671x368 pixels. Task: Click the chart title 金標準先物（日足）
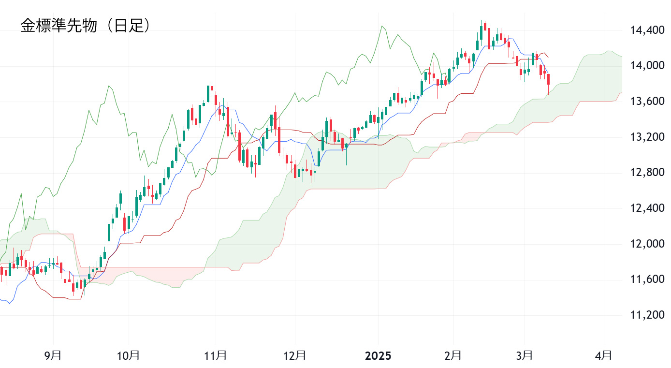[86, 26]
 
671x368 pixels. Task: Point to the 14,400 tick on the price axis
[647, 30]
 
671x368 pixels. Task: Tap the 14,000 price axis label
[647, 66]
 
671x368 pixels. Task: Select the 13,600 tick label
[647, 102]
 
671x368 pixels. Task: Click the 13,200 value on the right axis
[647, 137]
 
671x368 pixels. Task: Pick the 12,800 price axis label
[647, 173]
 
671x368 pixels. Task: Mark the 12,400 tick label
[647, 208]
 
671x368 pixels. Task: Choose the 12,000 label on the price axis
[647, 244]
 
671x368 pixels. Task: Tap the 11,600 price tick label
[647, 280]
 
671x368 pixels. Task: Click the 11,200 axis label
[647, 315]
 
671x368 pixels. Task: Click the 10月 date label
[129, 356]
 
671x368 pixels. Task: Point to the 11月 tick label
[216, 356]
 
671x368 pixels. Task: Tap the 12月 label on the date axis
[294, 356]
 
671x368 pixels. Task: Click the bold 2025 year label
[378, 356]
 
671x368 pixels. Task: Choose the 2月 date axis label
[453, 356]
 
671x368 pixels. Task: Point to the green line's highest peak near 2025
[382, 26]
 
